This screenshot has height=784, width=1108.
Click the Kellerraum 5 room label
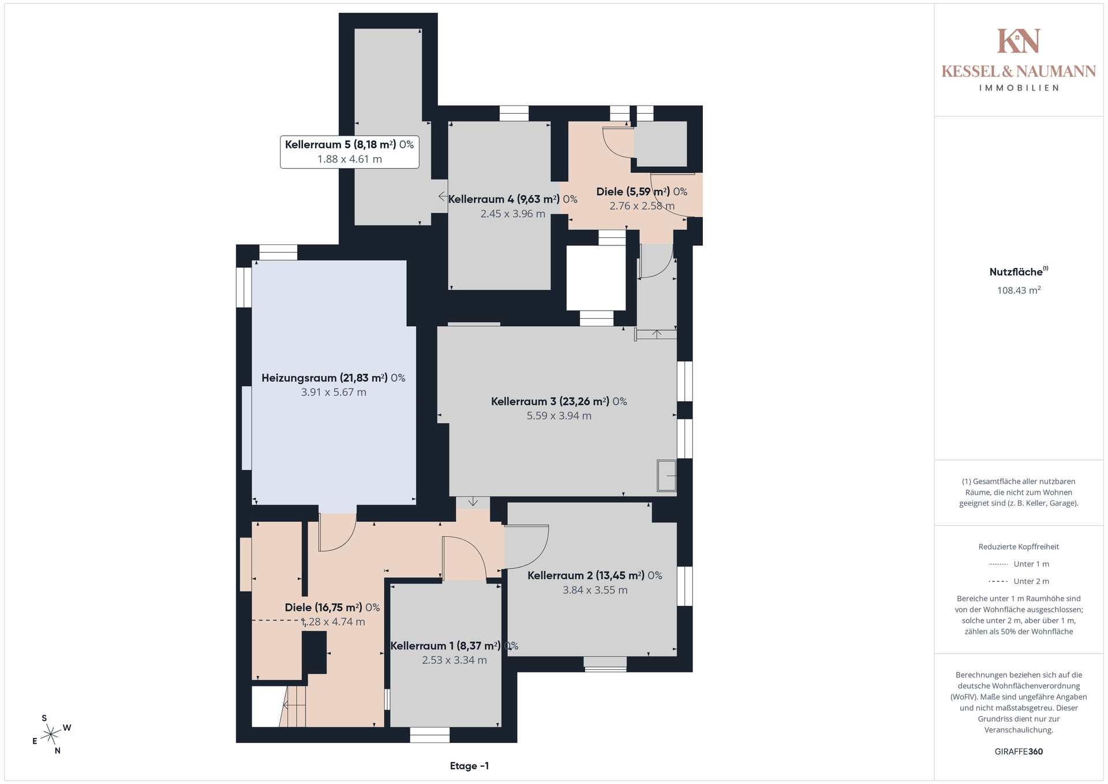349,144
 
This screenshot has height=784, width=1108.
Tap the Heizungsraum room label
333,378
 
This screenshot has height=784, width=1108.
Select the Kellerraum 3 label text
559,401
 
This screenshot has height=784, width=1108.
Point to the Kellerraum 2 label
594,576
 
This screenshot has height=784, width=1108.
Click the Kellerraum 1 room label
454,646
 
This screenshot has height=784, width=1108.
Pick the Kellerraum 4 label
512,199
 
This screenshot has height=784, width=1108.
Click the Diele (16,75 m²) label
332,607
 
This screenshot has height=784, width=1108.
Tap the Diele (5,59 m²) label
642,192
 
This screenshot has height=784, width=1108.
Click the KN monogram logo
1019,41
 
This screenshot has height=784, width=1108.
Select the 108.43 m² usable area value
1019,290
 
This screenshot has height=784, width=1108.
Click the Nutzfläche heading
1019,272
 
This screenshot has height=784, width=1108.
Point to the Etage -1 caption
469,766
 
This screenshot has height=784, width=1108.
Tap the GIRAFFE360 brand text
1019,752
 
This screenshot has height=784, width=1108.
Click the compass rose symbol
51,734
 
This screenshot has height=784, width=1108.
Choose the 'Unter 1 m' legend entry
1019,564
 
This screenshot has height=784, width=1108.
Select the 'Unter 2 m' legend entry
1019,581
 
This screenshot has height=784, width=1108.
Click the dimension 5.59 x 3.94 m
559,416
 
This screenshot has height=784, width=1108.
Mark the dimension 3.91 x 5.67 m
334,393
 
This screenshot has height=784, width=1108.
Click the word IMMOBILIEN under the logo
1019,88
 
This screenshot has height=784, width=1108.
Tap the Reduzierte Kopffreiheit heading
1019,547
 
